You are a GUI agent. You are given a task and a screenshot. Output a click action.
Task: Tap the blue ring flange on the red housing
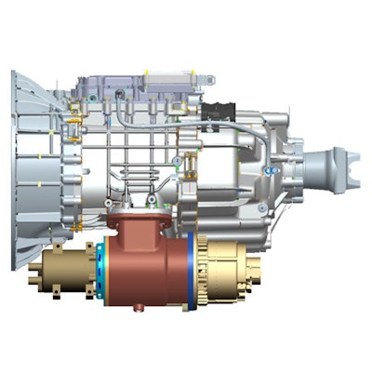tap(191, 271)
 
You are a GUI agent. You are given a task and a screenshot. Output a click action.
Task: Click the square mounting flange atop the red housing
tap(139, 221)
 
